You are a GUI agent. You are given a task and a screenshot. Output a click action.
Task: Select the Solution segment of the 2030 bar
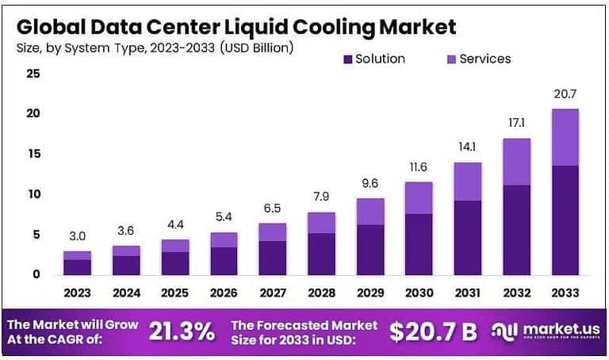[x=419, y=244]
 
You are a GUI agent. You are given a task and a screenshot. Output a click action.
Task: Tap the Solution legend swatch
[x=347, y=59]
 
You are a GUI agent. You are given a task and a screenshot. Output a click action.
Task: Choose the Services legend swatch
[x=451, y=59]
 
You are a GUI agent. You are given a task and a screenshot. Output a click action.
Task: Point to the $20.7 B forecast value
[x=434, y=332]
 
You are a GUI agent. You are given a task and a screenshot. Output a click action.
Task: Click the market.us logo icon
[x=504, y=332]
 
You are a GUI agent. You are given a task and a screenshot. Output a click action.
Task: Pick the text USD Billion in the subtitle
[x=258, y=48]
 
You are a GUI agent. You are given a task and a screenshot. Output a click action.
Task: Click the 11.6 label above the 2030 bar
[x=419, y=168]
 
